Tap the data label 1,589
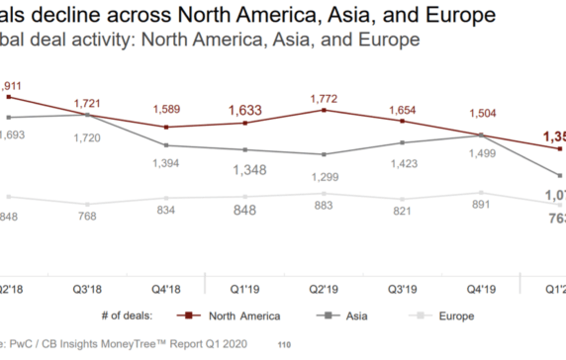[x=166, y=107]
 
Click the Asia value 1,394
[x=166, y=162]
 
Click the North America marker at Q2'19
[x=324, y=110]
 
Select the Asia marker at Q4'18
[x=166, y=145]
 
